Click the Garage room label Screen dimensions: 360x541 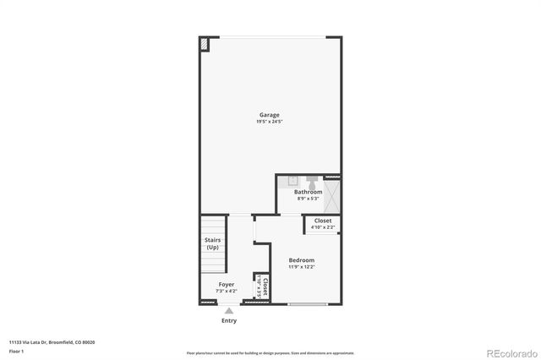point(270,115)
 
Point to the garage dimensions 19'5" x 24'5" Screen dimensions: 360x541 point(270,122)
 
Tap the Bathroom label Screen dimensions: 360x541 point(308,192)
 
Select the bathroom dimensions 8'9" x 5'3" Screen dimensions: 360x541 point(308,199)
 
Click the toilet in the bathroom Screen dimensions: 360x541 point(313,181)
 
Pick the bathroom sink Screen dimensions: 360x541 point(293,180)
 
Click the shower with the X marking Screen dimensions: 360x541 point(332,196)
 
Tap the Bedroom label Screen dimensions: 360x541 point(301,260)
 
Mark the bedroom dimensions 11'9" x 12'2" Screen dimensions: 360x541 point(301,267)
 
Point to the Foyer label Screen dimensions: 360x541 point(227,285)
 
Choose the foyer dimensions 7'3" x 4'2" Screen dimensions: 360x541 point(227,292)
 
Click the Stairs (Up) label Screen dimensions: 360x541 point(213,243)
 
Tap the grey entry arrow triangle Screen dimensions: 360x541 point(229,311)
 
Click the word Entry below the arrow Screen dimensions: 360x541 point(229,321)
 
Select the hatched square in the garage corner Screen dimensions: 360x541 point(205,44)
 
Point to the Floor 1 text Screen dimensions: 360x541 point(17,350)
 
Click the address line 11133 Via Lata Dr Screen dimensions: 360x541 point(52,341)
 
